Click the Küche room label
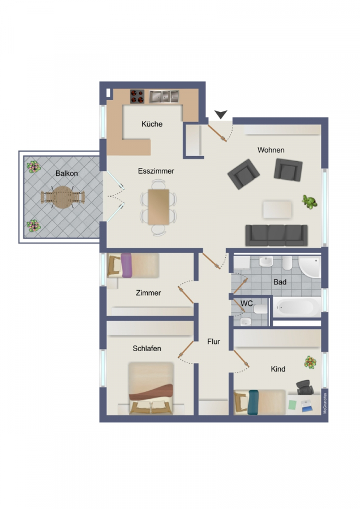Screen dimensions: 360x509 click(x=152, y=124)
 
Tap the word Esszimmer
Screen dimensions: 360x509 click(x=156, y=171)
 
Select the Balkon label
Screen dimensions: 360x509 click(x=67, y=174)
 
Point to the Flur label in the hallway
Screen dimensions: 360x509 click(x=214, y=342)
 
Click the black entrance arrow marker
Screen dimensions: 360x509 click(x=221, y=114)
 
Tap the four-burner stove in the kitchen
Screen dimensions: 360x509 click(x=137, y=96)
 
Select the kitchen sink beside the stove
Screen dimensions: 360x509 click(x=164, y=96)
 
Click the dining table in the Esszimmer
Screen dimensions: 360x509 click(x=158, y=207)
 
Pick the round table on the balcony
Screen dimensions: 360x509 click(x=62, y=197)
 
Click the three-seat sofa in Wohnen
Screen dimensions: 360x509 click(x=276, y=235)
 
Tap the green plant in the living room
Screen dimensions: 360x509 click(x=310, y=202)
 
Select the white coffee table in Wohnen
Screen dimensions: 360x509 click(x=277, y=209)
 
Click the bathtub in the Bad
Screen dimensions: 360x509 click(x=297, y=307)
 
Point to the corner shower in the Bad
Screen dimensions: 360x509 click(x=310, y=267)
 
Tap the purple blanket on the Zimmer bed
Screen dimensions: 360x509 click(x=126, y=265)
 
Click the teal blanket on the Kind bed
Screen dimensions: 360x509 click(x=253, y=402)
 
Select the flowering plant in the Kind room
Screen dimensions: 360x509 click(x=310, y=362)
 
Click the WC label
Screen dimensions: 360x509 click(x=247, y=304)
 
